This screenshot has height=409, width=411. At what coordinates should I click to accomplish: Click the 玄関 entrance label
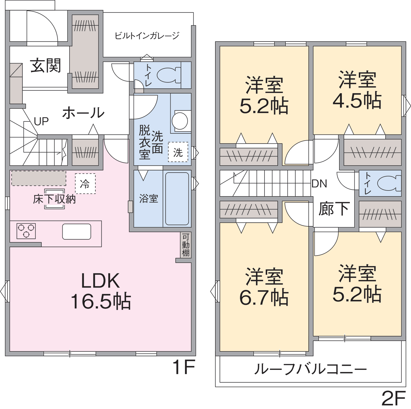45,65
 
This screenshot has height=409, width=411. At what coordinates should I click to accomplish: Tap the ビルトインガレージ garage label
147,36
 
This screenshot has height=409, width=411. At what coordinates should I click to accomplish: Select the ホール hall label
84,113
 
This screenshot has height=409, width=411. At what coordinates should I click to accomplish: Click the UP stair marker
41,121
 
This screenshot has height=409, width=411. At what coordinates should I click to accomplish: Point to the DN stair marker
319,184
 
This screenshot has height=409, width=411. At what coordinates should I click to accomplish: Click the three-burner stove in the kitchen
26,231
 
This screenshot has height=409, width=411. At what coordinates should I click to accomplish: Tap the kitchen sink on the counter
77,231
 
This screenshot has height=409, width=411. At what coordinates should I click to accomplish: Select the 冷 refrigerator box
85,184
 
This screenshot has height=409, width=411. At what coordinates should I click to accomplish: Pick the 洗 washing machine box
178,152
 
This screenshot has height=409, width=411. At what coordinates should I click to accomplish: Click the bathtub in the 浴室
177,199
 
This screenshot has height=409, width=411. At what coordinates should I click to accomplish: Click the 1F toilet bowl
169,75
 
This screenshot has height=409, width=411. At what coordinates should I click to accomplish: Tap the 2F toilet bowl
390,183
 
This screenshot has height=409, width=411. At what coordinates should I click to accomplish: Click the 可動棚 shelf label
186,245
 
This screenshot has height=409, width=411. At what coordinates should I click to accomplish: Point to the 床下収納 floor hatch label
54,199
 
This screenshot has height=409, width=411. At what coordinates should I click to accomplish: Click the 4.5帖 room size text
357,100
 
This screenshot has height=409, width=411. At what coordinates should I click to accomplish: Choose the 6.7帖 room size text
264,298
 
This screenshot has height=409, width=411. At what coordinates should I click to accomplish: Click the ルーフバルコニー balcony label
310,369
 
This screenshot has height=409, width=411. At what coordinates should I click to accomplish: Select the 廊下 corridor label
334,209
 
